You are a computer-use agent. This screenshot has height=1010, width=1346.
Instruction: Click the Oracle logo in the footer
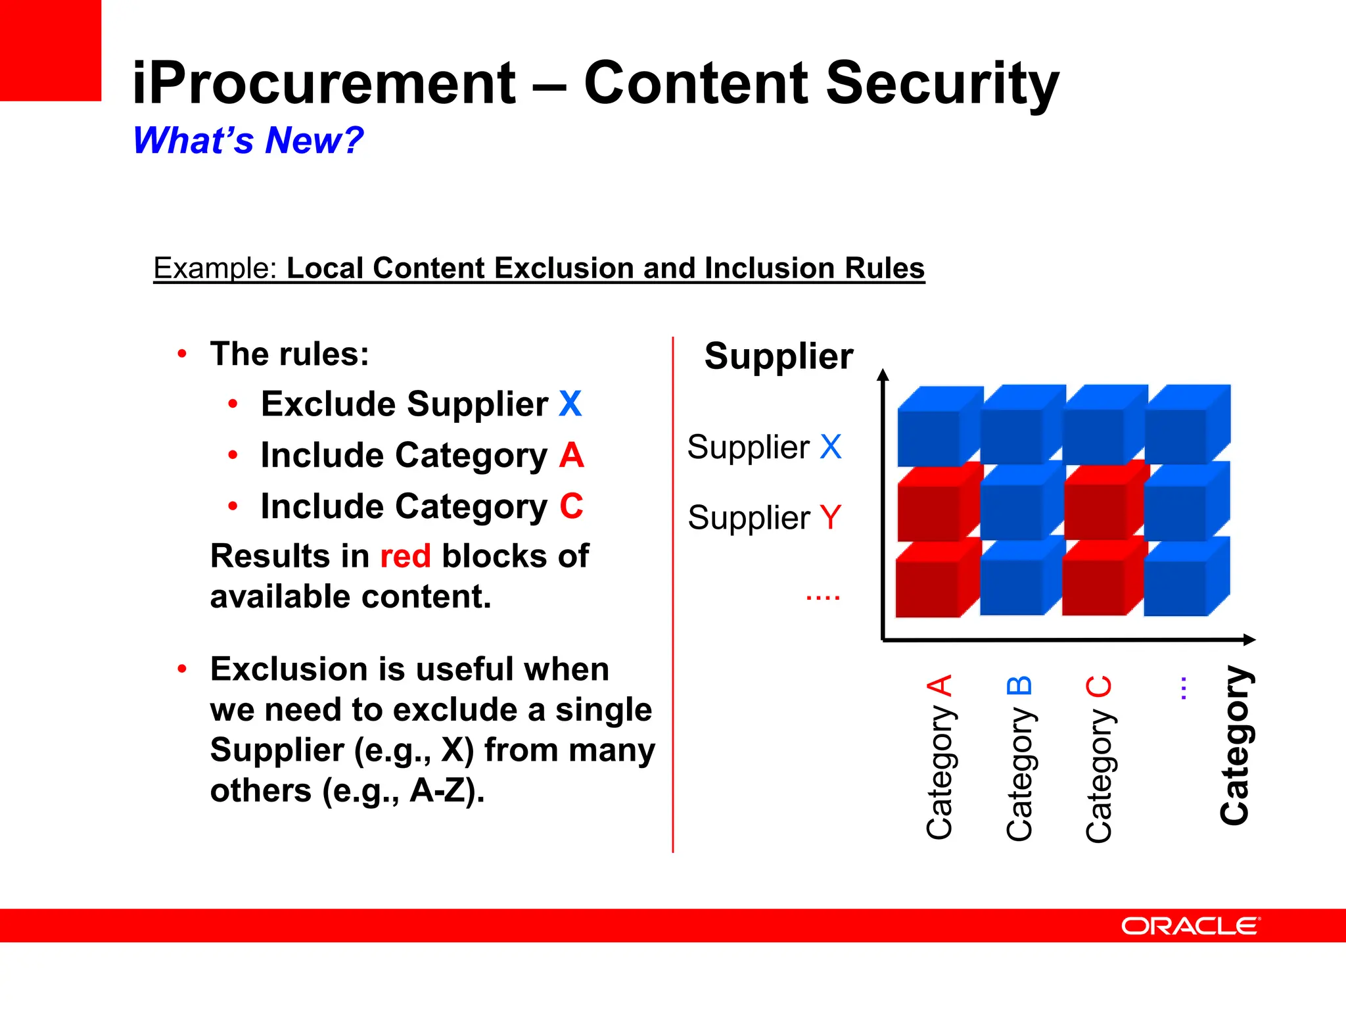1190,926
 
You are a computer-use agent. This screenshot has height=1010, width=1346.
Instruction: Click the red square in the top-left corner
50,50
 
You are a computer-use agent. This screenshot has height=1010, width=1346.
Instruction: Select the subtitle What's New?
248,140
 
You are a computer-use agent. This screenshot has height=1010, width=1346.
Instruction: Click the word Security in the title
942,84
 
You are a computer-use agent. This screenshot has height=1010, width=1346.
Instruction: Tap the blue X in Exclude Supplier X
570,404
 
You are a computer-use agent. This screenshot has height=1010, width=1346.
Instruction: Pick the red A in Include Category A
571,455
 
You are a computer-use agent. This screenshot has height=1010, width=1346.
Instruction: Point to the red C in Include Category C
571,506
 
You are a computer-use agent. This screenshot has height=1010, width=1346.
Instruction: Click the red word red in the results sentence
406,556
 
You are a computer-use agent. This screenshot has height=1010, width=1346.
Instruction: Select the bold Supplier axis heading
778,356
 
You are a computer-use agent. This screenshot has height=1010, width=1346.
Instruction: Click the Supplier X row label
764,448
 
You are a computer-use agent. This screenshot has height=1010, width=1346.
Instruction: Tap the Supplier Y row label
764,517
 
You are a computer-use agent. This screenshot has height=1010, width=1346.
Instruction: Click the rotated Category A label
939,756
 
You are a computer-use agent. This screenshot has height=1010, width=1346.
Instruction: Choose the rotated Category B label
1019,757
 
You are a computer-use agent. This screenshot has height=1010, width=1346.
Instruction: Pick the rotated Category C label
1098,757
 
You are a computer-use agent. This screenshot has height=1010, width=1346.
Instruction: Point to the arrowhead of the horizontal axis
1249,639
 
